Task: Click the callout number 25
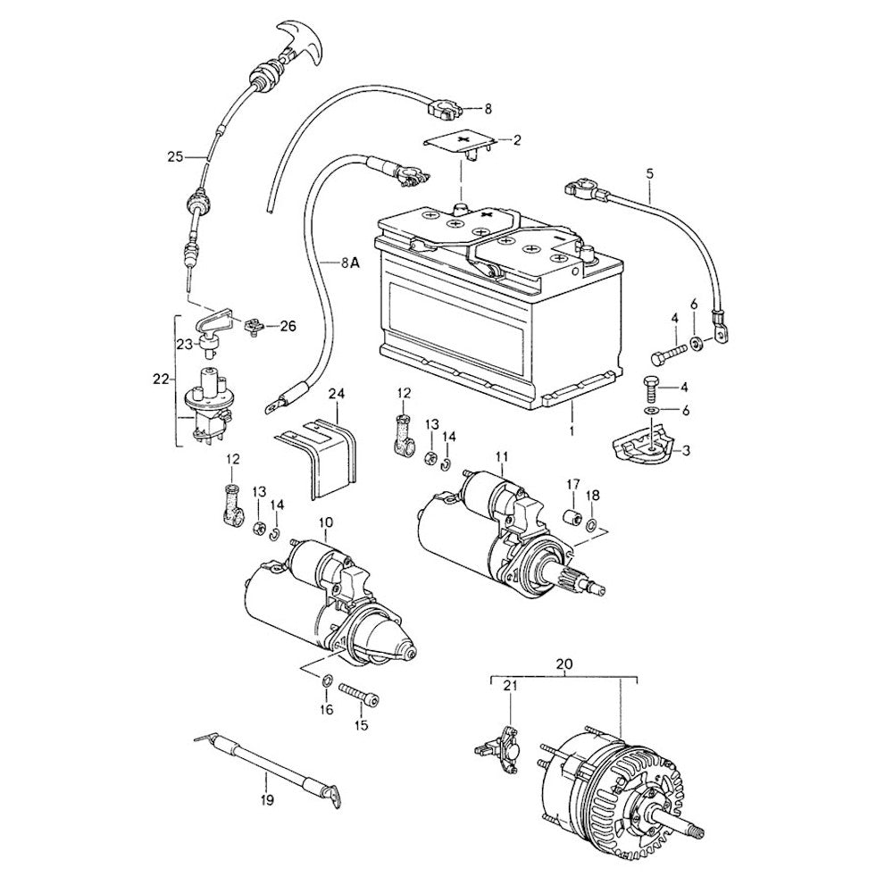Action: tap(175, 156)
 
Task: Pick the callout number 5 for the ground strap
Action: tap(649, 171)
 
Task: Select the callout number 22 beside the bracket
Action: tap(161, 379)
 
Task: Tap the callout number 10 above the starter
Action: tap(325, 521)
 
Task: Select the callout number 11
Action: tap(502, 459)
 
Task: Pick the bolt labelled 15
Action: tap(357, 695)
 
